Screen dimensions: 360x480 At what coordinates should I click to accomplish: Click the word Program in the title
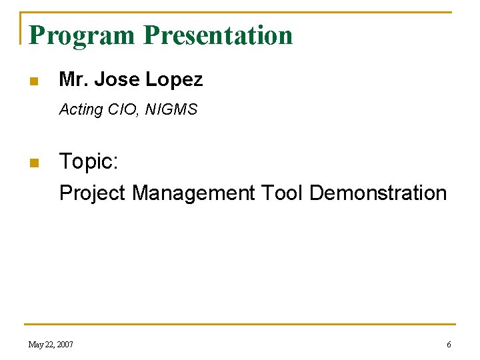point(82,35)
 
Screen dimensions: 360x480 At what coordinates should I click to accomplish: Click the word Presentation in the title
point(218,35)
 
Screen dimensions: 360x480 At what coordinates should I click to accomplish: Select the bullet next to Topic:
point(33,163)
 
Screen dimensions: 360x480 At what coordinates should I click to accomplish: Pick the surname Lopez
point(174,80)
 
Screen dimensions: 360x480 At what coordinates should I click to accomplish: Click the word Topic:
point(89,162)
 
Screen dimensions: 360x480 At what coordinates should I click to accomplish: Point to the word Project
point(93,193)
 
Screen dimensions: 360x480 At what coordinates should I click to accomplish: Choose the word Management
point(193,193)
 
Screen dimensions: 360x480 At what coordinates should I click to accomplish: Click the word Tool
point(282,193)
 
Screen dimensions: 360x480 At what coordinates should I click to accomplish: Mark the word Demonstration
point(378,193)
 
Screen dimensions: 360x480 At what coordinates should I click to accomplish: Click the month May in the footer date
point(36,345)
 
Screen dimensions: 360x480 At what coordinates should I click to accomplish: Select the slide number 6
point(449,345)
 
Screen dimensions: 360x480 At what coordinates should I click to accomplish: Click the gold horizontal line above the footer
point(240,325)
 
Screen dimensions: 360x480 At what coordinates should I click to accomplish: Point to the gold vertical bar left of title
point(21,29)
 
